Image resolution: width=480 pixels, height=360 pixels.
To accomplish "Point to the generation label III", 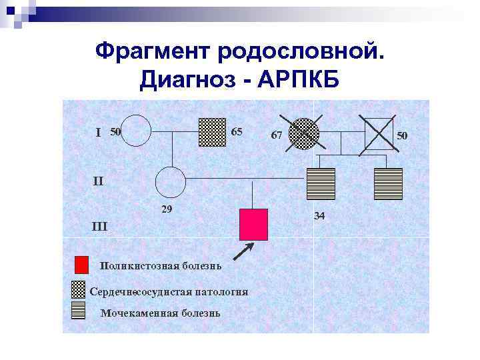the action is point(99,227).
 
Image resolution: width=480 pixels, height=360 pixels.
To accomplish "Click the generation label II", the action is point(97,181).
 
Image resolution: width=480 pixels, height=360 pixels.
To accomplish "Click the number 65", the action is point(237,131).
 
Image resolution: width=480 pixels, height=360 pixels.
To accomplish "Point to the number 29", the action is point(167,209).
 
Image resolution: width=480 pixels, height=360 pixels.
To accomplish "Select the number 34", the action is point(319,216).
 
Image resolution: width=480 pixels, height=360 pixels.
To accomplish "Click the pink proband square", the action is point(253,224).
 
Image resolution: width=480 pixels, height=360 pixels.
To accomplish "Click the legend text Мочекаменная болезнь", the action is point(159,313).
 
